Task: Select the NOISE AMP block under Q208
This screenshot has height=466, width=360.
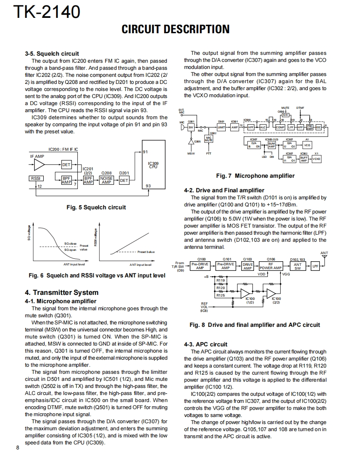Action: [x=106, y=180]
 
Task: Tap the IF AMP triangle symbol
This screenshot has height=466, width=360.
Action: [x=39, y=165]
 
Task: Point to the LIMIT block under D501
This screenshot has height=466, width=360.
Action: [x=222, y=127]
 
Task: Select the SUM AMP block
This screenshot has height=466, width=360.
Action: [x=272, y=145]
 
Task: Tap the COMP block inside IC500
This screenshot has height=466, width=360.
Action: [x=280, y=127]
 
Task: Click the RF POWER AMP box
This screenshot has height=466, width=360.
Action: [x=271, y=266]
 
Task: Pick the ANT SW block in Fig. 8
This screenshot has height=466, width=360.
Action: [x=298, y=266]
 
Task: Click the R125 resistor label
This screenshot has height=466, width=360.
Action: [x=221, y=295]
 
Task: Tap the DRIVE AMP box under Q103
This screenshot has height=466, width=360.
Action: [x=248, y=266]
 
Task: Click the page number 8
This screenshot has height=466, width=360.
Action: [x=18, y=447]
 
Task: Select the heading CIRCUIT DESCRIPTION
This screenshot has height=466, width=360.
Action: [x=175, y=29]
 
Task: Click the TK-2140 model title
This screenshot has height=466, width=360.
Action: [x=47, y=12]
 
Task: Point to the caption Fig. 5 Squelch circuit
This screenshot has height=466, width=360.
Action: [x=96, y=207]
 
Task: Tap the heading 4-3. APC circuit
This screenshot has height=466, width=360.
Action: [x=205, y=344]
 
